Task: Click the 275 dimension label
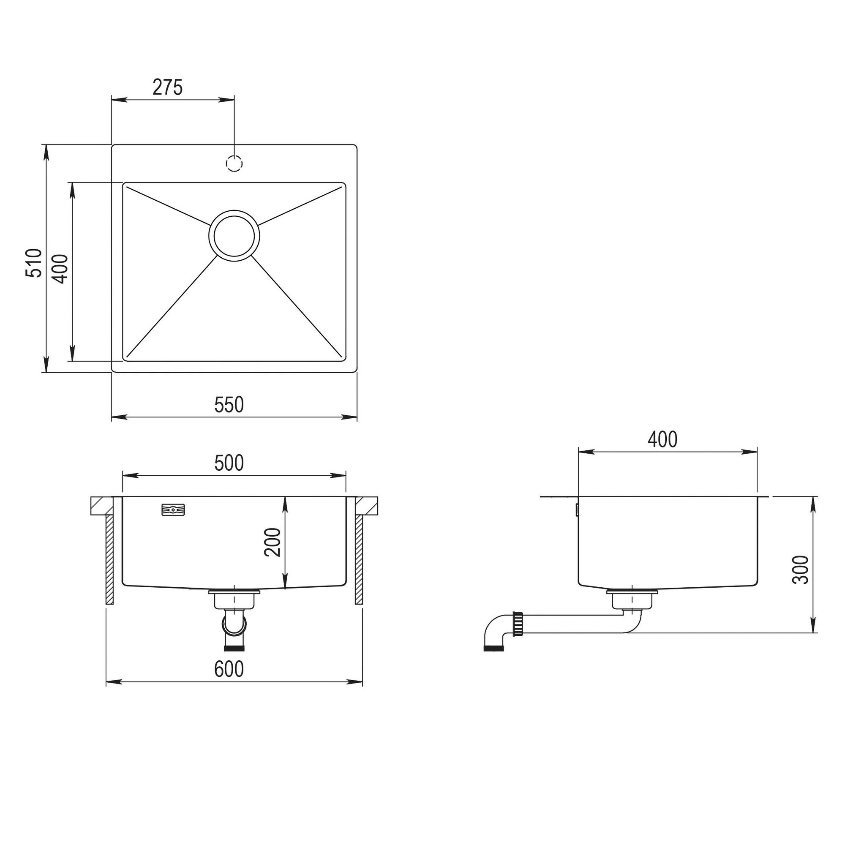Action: (167, 88)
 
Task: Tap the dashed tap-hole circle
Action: (234, 163)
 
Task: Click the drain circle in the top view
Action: (234, 235)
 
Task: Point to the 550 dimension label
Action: (229, 405)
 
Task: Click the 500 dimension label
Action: (229, 463)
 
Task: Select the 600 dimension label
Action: (229, 670)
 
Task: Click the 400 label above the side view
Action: (662, 439)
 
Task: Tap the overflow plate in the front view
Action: (173, 510)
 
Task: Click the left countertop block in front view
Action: (101, 506)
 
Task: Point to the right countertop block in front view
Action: (366, 506)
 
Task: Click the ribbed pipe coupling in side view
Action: (519, 624)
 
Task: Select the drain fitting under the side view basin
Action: (632, 599)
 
